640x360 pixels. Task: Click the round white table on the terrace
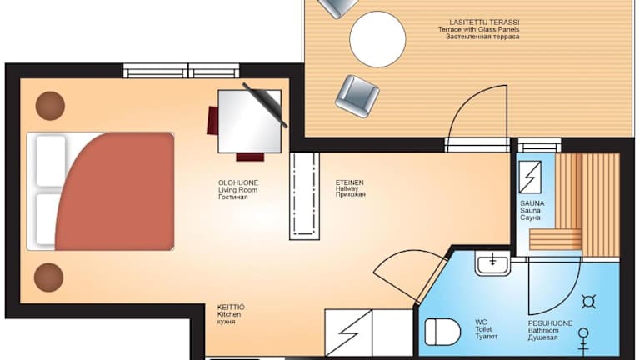pos(377,39)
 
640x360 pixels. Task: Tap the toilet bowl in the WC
pos(442,332)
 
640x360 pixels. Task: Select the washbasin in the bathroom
pos(493,263)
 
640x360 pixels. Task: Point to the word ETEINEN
pos(349,182)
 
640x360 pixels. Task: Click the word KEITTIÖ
pos(231,307)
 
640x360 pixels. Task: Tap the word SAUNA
pos(532,203)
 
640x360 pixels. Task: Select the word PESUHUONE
pos(550,323)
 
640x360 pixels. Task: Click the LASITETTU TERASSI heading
pos(484,22)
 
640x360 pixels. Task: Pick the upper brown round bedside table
pos(50,106)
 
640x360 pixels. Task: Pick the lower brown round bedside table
pos(48,277)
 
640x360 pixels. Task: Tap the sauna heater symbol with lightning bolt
pos(530,177)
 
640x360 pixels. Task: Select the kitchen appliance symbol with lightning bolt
pos(348,332)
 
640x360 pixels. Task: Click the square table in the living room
pos(249,122)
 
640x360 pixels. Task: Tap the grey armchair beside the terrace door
pos(357,97)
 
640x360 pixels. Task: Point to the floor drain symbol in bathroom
pos(588,302)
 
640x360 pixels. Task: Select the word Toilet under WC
pos(483,329)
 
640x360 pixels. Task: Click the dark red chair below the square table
pos(250,157)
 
